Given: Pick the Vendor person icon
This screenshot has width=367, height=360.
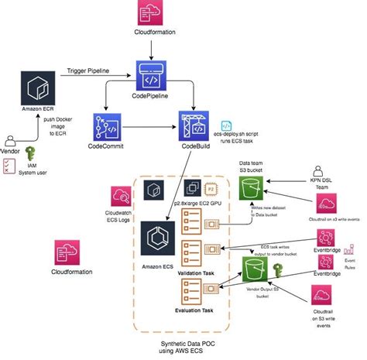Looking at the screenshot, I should point(10,143).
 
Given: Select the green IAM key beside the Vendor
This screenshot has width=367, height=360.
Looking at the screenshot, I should point(31,154).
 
